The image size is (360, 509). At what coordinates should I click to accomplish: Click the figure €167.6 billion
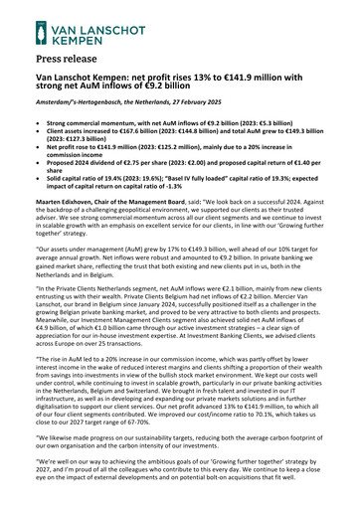tap(151, 131)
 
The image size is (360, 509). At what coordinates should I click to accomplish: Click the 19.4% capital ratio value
tap(123, 177)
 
